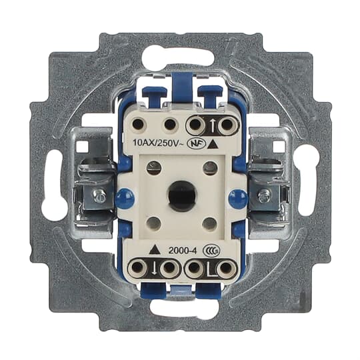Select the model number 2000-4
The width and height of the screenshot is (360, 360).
click(183, 251)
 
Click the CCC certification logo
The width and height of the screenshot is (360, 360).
click(212, 251)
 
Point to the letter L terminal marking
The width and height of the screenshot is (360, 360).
click(209, 268)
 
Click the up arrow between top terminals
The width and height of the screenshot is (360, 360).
click(211, 125)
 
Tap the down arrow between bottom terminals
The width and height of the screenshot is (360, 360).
click(154, 268)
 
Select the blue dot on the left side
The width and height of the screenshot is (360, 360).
click(125, 198)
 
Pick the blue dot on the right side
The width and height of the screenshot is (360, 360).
click(238, 198)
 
